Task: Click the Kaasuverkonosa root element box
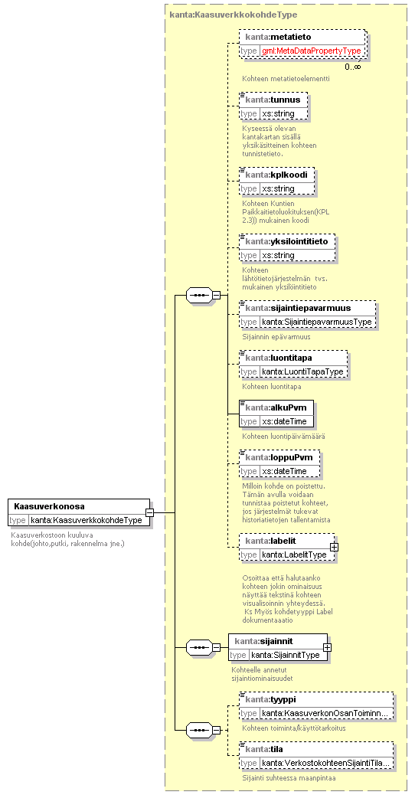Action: point(79,512)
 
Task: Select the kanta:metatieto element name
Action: point(278,37)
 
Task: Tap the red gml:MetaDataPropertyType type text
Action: point(312,51)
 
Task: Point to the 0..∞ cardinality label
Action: point(353,67)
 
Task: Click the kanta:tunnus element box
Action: point(273,106)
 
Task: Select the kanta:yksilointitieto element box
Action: point(287,248)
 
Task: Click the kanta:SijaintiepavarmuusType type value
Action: point(317,322)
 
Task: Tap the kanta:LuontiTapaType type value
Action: point(303,371)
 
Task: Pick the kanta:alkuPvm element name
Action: point(276,407)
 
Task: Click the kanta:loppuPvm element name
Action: point(278,457)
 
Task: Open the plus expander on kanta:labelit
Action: point(334,548)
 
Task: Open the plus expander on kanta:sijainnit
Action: point(328,647)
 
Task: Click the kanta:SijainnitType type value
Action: point(286,655)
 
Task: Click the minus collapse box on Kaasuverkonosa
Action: point(149,512)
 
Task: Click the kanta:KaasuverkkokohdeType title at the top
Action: point(234,15)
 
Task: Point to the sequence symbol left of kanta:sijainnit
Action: point(200,647)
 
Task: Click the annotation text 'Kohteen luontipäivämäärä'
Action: point(284,436)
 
